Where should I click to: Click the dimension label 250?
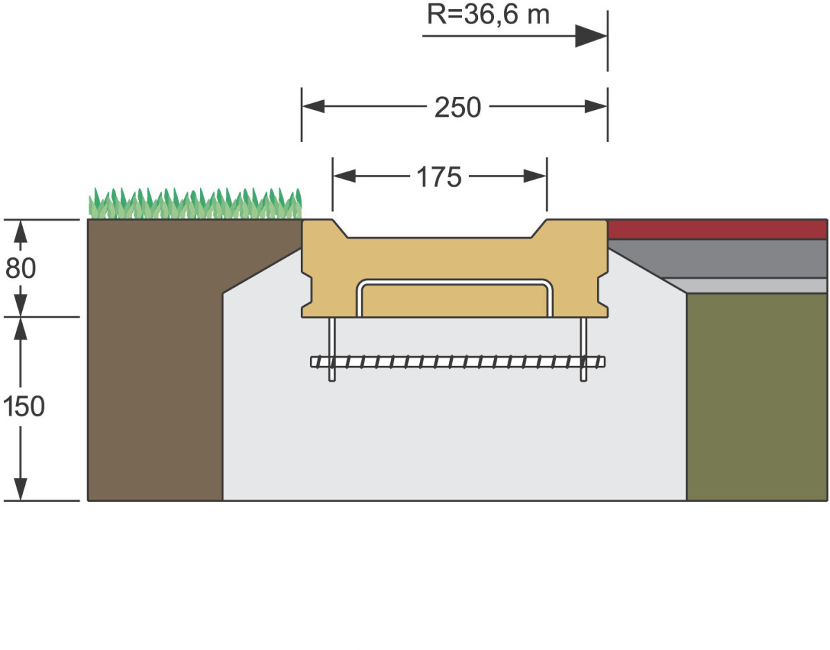pyautogui.click(x=457, y=107)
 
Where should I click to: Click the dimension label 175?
pyautogui.click(x=439, y=177)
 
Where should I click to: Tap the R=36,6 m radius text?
pyautogui.click(x=488, y=14)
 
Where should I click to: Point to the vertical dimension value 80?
pyautogui.click(x=20, y=268)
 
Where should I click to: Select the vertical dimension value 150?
pyautogui.click(x=23, y=407)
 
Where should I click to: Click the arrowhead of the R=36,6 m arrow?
pyautogui.click(x=591, y=36)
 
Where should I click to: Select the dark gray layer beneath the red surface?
pyautogui.click(x=726, y=259)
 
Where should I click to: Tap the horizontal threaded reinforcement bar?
pyautogui.click(x=456, y=361)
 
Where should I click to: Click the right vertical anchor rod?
pyautogui.click(x=584, y=349)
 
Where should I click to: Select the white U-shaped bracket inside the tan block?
pyautogui.click(x=454, y=283)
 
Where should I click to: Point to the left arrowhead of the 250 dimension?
pyautogui.click(x=313, y=106)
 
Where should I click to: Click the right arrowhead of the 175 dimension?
pyautogui.click(x=535, y=176)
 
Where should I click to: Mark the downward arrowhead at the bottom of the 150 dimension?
pyautogui.click(x=21, y=488)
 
